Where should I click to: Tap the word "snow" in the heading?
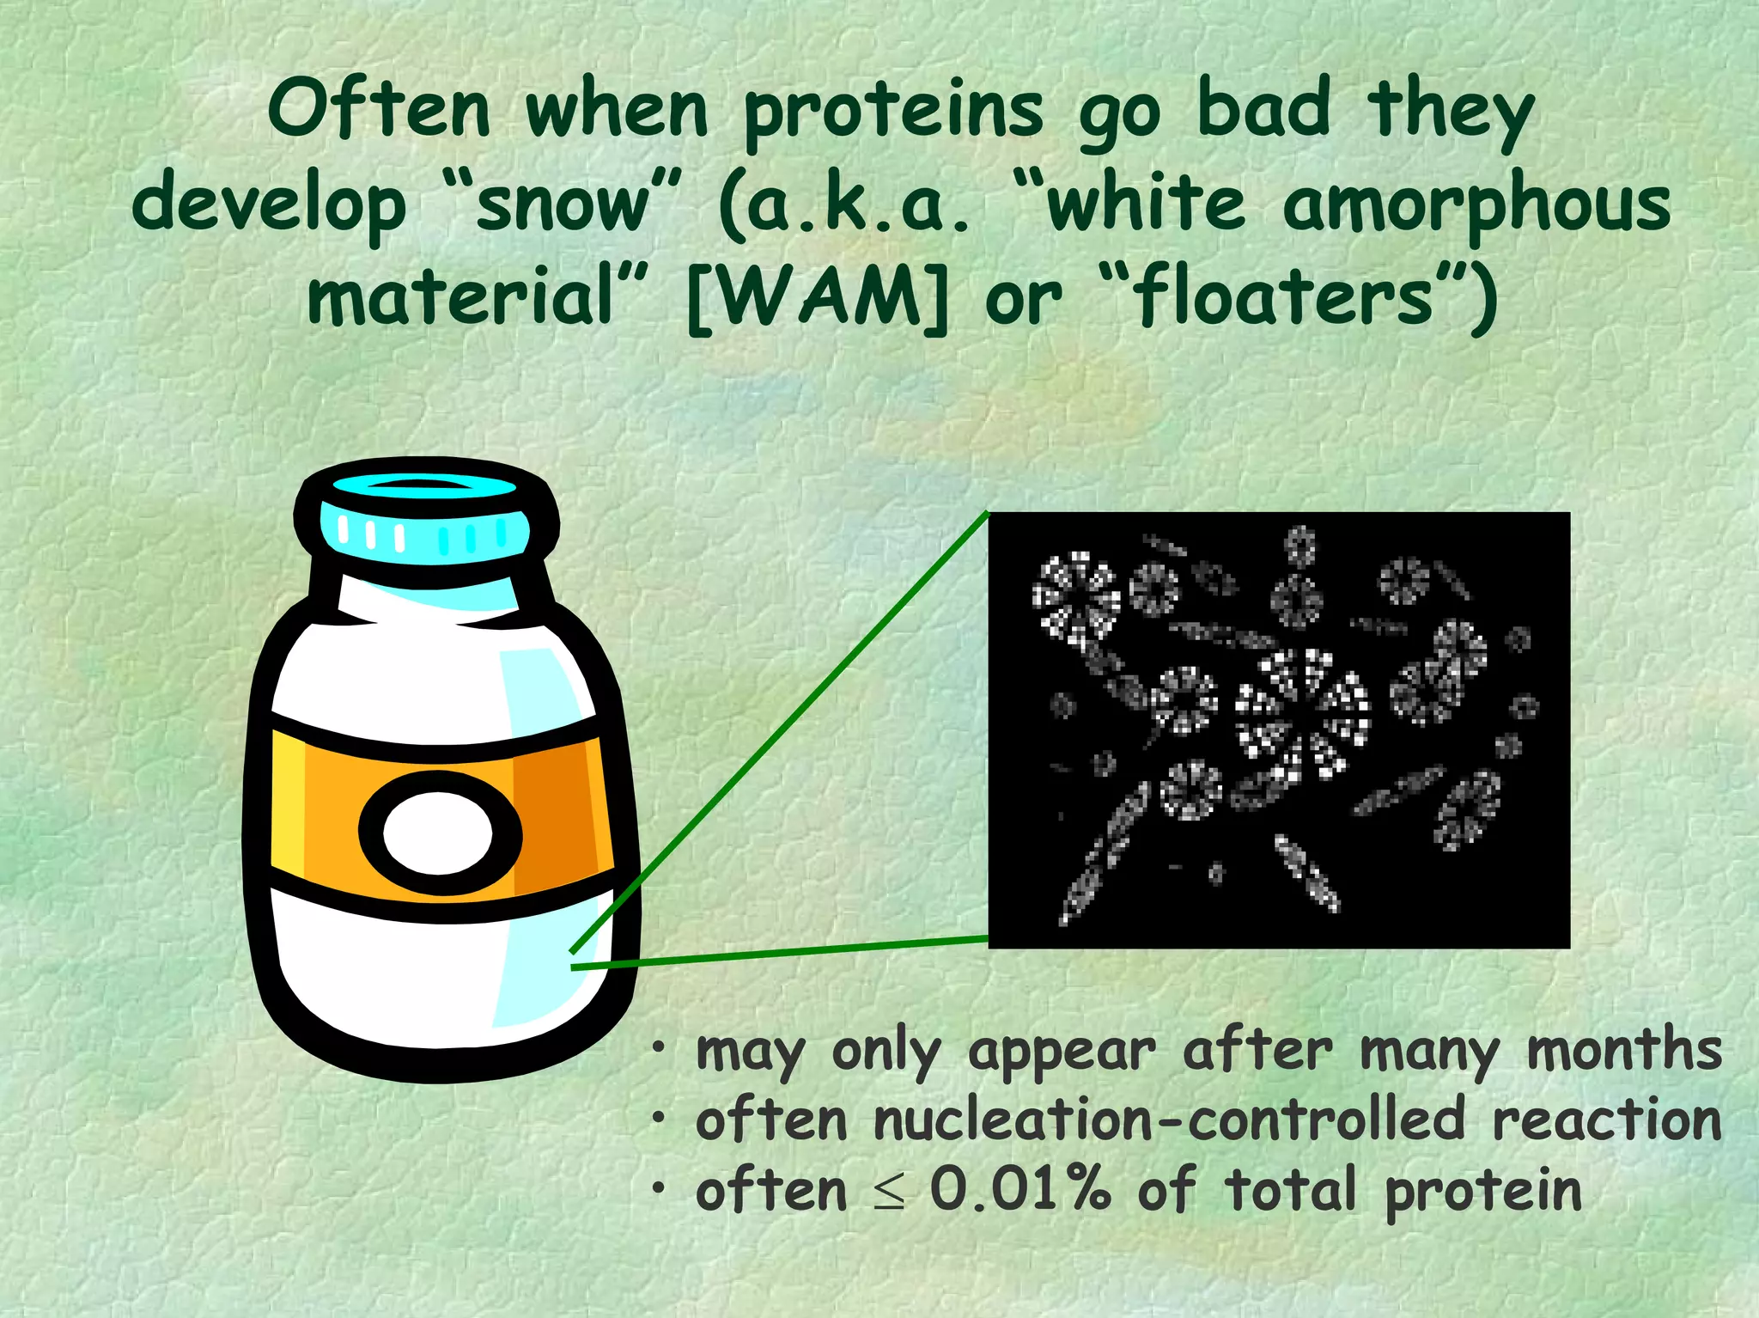click(563, 206)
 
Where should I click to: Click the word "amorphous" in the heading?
click(1476, 206)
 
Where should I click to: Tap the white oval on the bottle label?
click(438, 833)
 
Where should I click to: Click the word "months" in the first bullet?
click(1624, 1050)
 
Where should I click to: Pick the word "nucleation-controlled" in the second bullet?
click(1169, 1120)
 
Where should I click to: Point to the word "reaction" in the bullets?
click(1607, 1120)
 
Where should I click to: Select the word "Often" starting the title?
click(379, 110)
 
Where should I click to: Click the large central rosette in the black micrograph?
click(1301, 712)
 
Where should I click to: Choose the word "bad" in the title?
click(1263, 110)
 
